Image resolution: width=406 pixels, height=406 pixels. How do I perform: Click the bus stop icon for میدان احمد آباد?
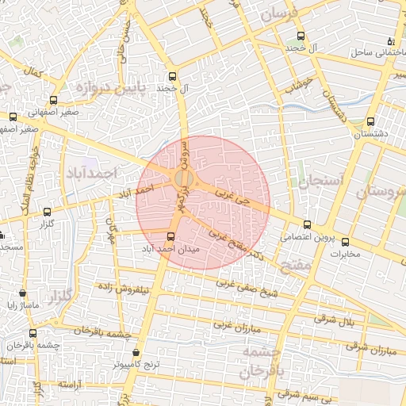(171, 236)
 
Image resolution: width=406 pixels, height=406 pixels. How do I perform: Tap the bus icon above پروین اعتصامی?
(308, 224)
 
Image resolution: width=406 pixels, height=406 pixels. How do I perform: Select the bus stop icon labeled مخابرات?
(345, 242)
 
